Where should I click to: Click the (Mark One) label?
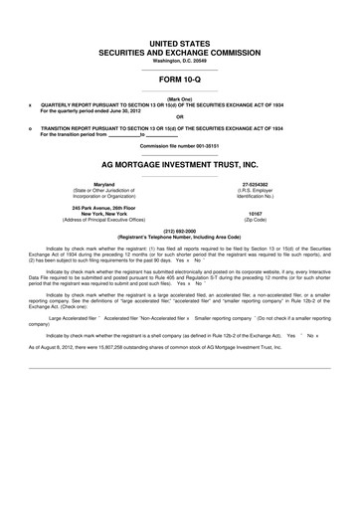tap(179, 100)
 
